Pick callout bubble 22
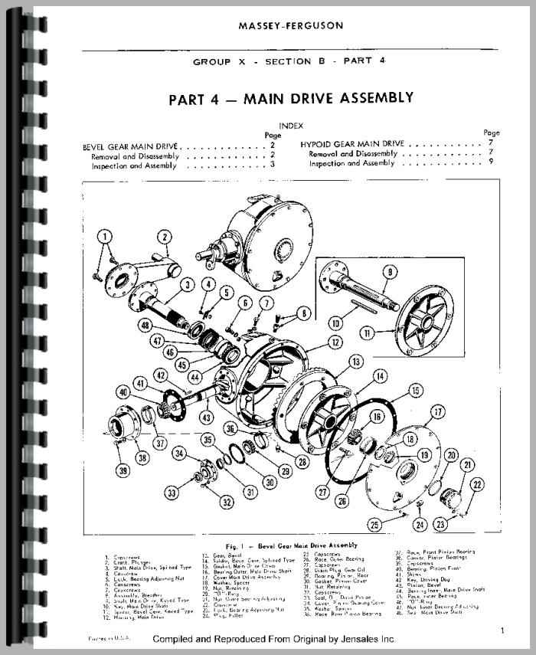pos(477,483)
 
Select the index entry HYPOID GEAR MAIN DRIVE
pos(352,143)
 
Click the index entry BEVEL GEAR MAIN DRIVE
pos(132,145)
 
